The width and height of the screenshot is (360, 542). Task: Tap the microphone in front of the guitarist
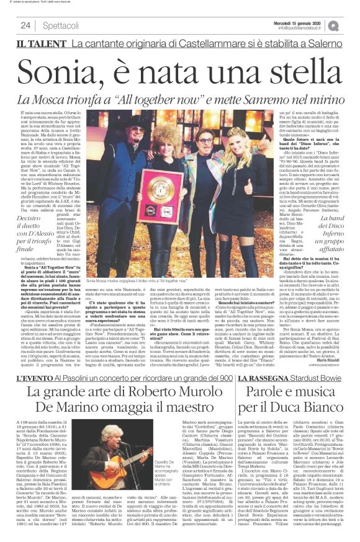coord(117,446)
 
